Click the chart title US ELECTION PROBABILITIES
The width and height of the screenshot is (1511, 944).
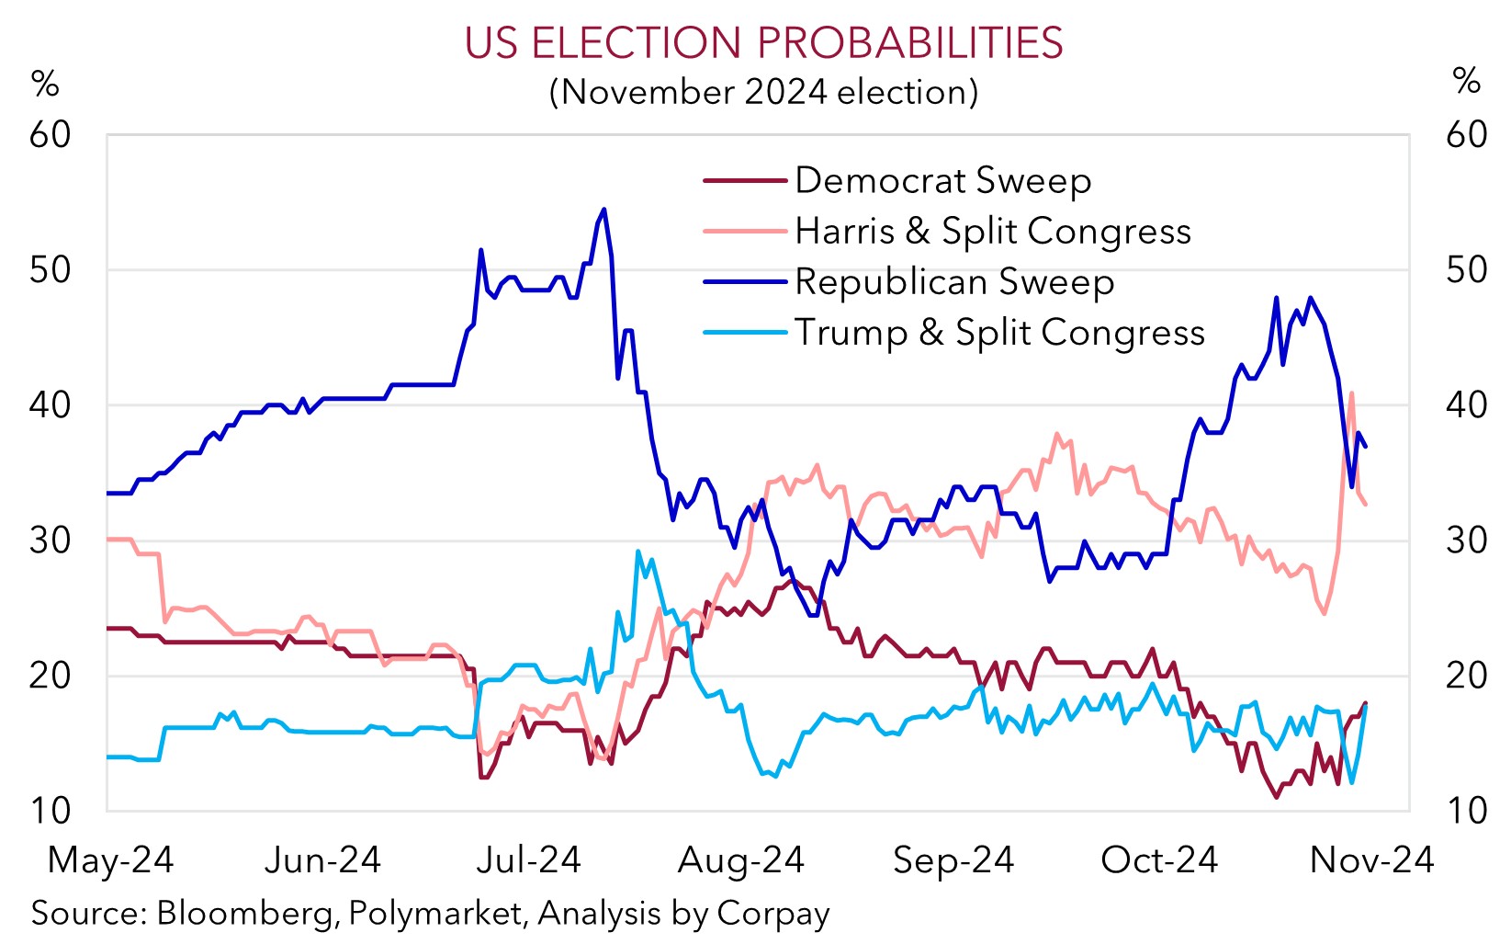click(x=763, y=43)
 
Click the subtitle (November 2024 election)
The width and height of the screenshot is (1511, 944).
click(x=763, y=92)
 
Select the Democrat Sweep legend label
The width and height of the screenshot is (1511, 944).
click(x=942, y=180)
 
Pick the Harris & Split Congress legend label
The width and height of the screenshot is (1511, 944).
click(x=992, y=231)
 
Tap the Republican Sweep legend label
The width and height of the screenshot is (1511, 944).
click(x=953, y=281)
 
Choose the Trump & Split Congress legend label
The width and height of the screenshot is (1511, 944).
click(x=999, y=332)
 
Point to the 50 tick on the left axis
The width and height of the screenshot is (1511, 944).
click(x=51, y=270)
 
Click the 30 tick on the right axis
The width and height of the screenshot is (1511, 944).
click(x=1466, y=540)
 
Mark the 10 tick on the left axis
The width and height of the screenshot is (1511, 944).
click(x=51, y=811)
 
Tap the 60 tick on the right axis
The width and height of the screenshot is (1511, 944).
click(x=1466, y=135)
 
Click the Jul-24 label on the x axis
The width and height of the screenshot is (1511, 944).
click(x=529, y=860)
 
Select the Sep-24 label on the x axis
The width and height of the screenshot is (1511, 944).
click(x=953, y=860)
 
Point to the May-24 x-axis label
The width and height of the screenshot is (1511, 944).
click(x=110, y=860)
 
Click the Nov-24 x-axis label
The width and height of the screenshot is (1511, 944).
click(x=1371, y=860)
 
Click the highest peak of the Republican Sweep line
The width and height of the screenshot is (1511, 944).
click(x=603, y=210)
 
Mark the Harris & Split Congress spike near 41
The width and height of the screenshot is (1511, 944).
click(x=1351, y=393)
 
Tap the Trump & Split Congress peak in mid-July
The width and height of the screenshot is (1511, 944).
click(x=637, y=552)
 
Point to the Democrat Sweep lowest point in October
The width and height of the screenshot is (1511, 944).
click(x=1276, y=797)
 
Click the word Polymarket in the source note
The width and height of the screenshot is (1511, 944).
click(x=435, y=913)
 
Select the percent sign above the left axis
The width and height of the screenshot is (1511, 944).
click(x=45, y=85)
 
